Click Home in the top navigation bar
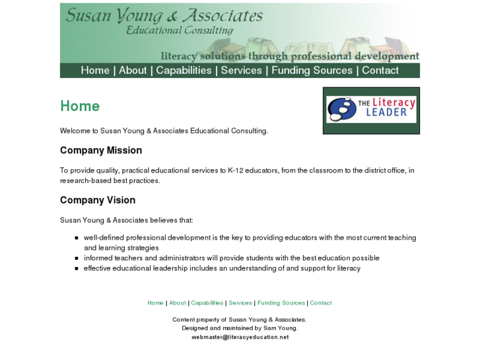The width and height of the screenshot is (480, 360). coord(95,71)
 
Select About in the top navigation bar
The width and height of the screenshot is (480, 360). coord(133,71)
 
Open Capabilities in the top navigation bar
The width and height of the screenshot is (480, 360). coord(184,71)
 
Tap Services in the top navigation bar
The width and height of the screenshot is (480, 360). coord(241,71)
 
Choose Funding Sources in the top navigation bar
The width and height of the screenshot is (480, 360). coord(312,71)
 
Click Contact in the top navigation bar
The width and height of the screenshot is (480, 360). coord(380,71)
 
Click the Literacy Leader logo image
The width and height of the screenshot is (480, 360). coord(371,110)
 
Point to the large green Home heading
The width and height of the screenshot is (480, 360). coord(80,106)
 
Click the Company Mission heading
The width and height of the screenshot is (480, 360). coord(101,151)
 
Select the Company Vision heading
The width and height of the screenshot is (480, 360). coord(98,200)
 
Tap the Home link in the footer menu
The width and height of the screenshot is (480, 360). coord(155,303)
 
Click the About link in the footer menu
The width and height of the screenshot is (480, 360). coord(178,303)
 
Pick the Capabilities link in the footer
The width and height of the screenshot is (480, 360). coord(207,303)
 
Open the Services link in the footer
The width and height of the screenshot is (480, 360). coord(240,303)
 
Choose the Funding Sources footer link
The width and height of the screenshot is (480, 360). coord(281,303)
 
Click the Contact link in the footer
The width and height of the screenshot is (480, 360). coord(321,303)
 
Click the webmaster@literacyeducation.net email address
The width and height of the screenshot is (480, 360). coord(240,337)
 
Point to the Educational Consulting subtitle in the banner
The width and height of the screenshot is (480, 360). coord(180,30)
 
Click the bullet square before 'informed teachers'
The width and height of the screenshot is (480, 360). coord(77,258)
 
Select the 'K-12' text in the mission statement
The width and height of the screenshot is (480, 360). coord(236,170)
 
